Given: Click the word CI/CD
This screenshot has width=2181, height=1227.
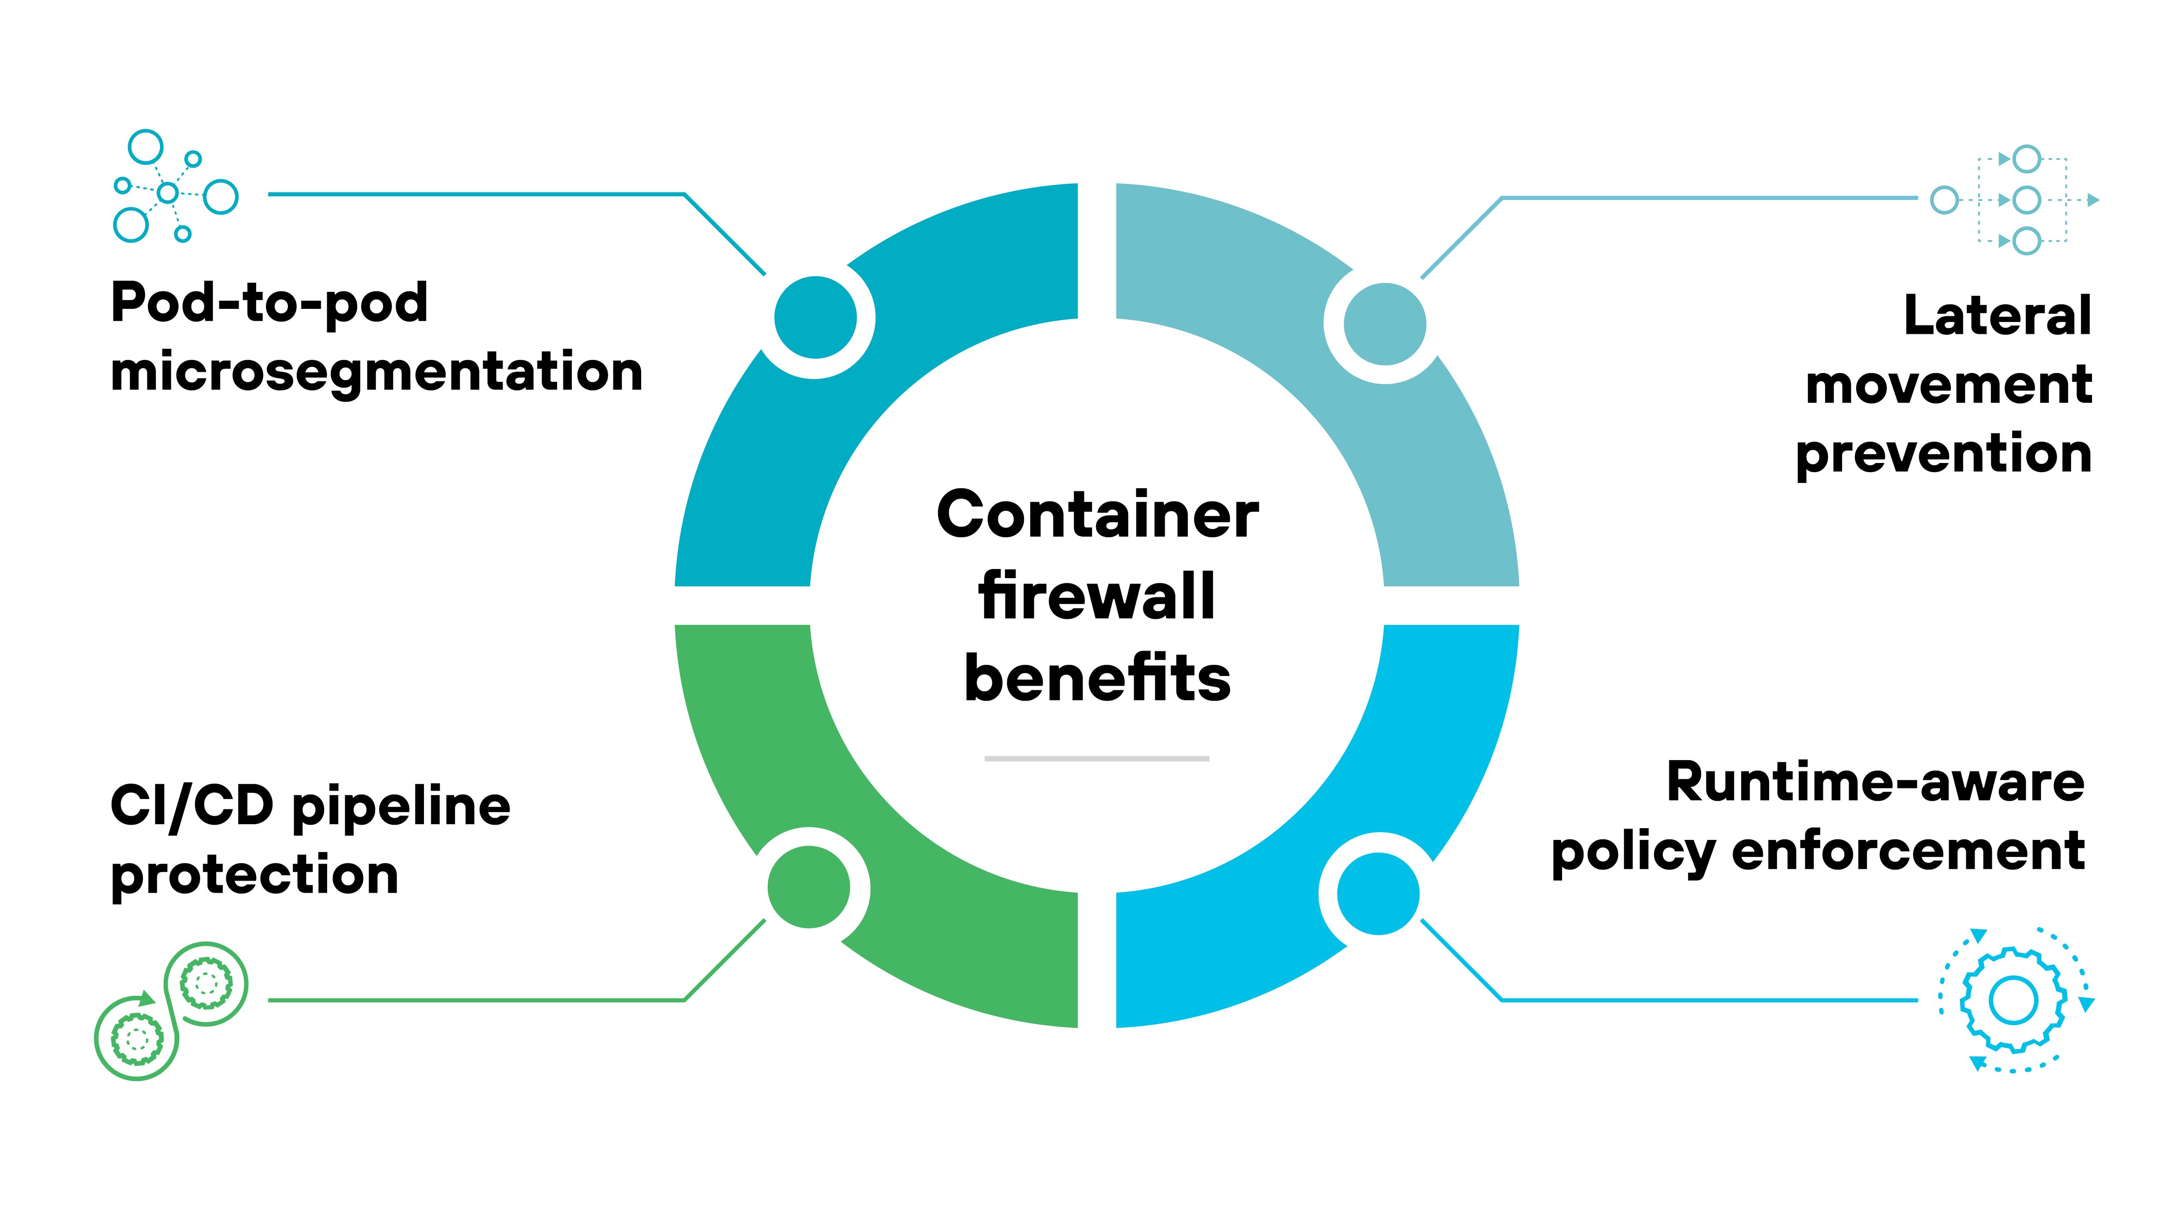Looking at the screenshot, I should tap(191, 805).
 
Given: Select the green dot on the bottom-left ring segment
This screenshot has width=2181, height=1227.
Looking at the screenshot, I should tap(809, 887).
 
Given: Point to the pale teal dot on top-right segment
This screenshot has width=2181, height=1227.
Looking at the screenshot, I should tap(1385, 323).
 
